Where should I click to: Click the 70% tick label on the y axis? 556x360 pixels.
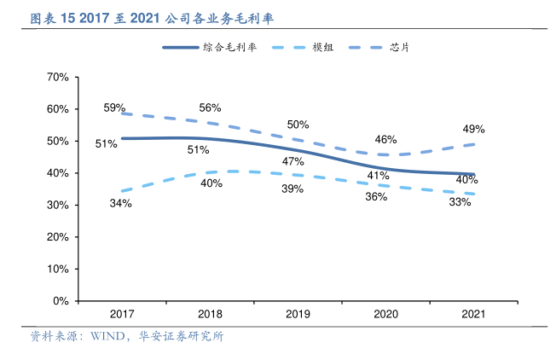[57, 78]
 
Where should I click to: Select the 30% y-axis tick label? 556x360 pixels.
[57, 206]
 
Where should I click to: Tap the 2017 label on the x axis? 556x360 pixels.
[122, 315]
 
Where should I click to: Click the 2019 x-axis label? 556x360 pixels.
[298, 315]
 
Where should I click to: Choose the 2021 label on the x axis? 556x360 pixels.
[473, 315]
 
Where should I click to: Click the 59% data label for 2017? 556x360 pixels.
[115, 108]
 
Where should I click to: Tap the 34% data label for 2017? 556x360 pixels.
[120, 203]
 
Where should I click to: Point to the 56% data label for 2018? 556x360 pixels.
[210, 108]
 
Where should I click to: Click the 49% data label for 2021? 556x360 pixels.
[474, 129]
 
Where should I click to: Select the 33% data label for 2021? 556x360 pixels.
[460, 203]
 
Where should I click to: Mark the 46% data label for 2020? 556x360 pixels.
[385, 140]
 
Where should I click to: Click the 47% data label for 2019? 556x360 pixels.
[293, 161]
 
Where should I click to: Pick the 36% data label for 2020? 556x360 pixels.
[376, 196]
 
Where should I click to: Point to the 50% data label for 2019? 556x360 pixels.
[298, 125]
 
